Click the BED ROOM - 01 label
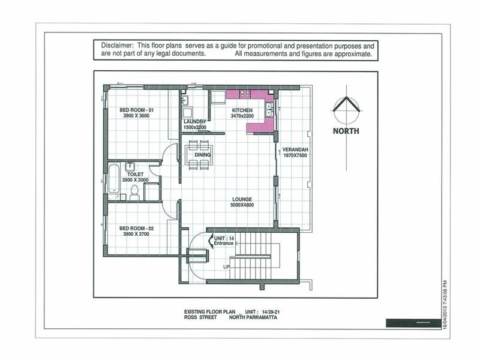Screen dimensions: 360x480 click(137, 113)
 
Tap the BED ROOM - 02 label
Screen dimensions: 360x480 click(137, 231)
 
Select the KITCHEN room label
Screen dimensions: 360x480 click(242, 113)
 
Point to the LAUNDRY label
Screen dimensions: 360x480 click(194, 124)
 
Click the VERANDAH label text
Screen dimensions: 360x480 click(295, 152)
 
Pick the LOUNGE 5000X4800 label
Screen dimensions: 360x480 click(243, 202)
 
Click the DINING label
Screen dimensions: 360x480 click(202, 155)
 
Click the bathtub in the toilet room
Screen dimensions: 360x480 click(113, 178)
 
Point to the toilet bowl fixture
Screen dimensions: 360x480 click(134, 192)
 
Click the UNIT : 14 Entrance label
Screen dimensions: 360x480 click(223, 241)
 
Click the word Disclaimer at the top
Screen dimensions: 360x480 click(117, 46)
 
